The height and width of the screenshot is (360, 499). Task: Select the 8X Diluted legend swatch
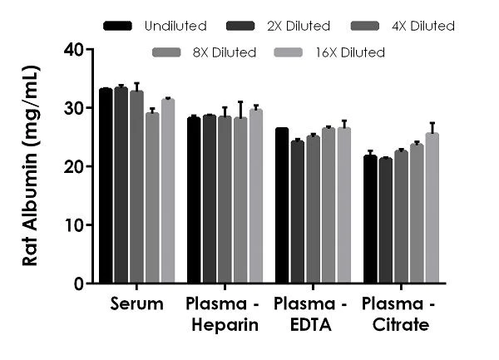[166, 52]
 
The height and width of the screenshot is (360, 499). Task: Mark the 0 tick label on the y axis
[78, 284]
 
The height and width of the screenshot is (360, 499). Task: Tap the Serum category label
[136, 304]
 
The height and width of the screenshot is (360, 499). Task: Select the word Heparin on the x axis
[225, 325]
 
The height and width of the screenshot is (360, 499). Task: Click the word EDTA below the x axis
[310, 325]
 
